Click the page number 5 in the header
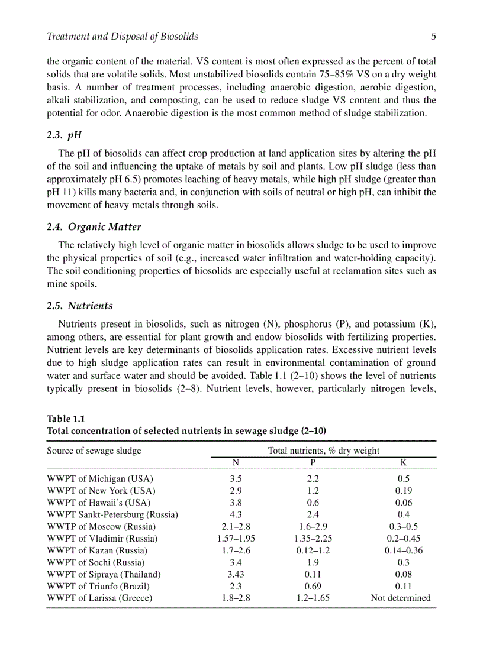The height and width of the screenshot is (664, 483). tap(433, 37)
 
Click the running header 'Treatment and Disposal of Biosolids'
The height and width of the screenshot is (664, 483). tap(122, 37)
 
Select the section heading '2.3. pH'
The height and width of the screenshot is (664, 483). tap(65, 135)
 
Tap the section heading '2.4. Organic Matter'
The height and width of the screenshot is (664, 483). tap(94, 226)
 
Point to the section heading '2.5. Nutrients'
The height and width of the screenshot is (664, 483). tap(80, 306)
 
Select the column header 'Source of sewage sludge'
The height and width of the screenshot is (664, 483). tap(94, 451)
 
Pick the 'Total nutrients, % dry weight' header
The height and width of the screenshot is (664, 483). tap(324, 451)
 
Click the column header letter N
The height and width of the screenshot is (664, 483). tap(236, 462)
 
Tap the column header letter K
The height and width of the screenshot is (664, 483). tap(404, 462)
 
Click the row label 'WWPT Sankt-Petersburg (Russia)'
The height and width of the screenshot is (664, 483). tap(112, 514)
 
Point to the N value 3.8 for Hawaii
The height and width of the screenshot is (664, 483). tap(236, 503)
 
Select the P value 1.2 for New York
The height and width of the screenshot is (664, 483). tap(313, 491)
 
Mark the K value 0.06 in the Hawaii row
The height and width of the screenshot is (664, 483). tap(404, 503)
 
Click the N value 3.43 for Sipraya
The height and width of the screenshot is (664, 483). tap(236, 574)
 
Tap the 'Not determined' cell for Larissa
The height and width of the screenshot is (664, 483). tap(401, 598)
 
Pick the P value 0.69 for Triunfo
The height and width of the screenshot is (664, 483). tap(313, 586)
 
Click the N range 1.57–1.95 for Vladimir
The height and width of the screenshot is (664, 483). tap(236, 539)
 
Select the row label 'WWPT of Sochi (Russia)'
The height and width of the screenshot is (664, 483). tap(95, 562)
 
